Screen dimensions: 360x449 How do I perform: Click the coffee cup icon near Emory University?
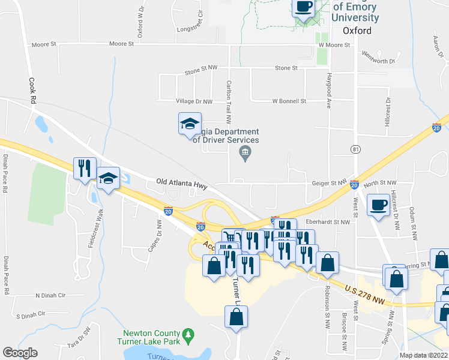tap(303, 8)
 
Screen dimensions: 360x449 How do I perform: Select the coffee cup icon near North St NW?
tap(378, 204)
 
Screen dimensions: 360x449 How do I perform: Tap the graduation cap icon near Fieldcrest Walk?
tap(108, 179)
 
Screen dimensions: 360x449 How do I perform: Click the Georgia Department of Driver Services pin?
tap(245, 154)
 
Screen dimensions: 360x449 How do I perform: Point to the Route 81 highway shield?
tap(357, 149)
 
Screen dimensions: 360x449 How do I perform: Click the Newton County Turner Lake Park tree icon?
tap(188, 334)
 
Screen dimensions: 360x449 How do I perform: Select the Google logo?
tap(20, 353)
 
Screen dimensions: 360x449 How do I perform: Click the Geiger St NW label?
tap(330, 182)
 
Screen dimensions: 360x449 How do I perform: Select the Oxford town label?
tap(357, 31)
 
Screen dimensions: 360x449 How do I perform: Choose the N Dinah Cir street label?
tap(50, 295)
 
